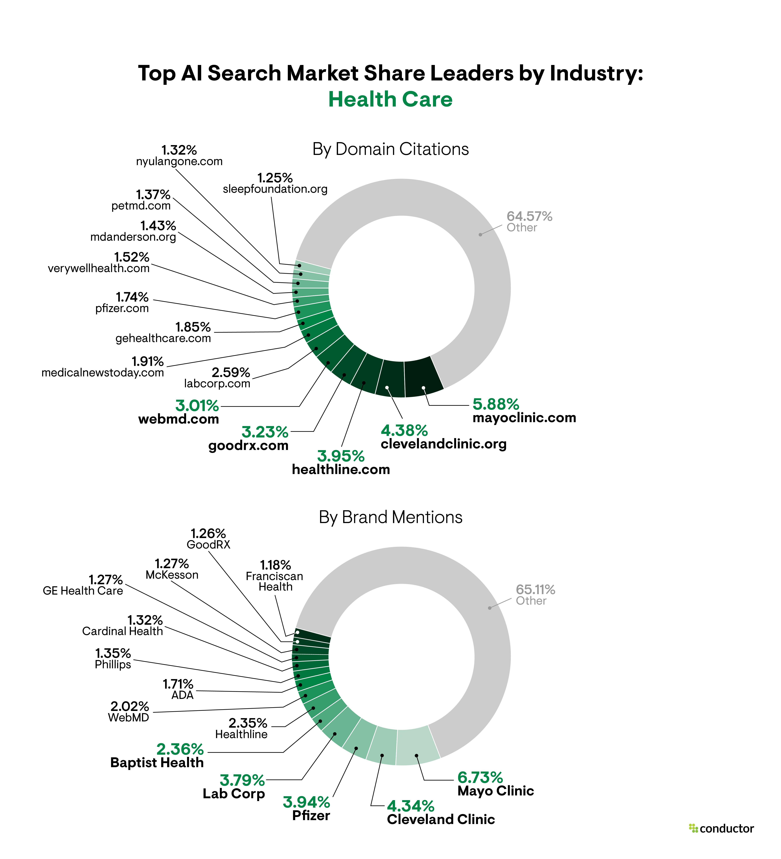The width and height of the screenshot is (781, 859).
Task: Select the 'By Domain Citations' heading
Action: pyautogui.click(x=390, y=149)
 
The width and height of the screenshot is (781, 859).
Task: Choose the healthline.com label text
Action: pyautogui.click(x=341, y=469)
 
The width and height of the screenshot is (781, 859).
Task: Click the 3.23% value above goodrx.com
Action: pyautogui.click(x=265, y=432)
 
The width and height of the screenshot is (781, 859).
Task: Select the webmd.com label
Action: pyautogui.click(x=179, y=419)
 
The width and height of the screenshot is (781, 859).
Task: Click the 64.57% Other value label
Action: pyautogui.click(x=529, y=216)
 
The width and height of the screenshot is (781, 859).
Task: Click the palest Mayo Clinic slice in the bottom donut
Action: pyautogui.click(x=417, y=746)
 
